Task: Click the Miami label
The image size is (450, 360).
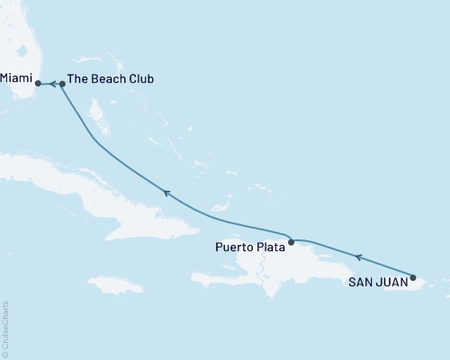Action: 16,79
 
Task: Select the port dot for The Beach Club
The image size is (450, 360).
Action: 61,85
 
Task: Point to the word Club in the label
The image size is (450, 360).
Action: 139,79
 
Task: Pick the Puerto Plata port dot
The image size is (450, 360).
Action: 291,241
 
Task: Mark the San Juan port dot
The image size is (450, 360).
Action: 413,277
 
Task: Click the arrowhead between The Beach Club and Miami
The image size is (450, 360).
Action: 52,85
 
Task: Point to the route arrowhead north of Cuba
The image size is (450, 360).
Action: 166,192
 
